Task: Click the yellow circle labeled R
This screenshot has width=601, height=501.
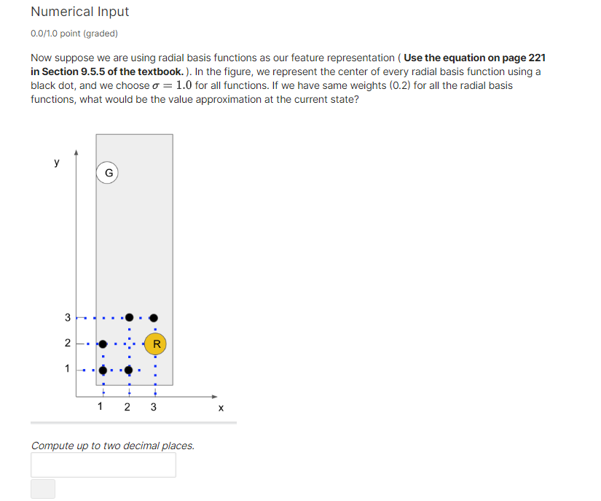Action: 155,343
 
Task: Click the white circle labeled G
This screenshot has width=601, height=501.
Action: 109,173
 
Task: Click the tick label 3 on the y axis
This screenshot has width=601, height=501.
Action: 68,318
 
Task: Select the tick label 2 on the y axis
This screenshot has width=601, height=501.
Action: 68,343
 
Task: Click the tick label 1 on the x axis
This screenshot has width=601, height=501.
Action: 100,407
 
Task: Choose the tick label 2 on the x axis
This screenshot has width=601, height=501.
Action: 127,407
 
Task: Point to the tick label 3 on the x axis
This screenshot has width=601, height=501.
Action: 153,407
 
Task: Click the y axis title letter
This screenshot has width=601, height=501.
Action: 57,162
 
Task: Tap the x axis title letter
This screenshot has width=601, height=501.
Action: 221,408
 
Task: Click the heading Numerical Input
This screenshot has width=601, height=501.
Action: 80,12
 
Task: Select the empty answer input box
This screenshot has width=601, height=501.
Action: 103,465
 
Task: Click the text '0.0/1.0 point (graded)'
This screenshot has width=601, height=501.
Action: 74,34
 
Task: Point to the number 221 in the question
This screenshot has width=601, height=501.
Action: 535,58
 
